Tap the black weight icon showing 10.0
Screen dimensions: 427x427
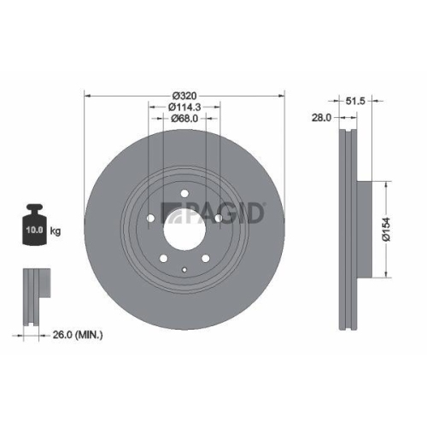click(34, 228)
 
